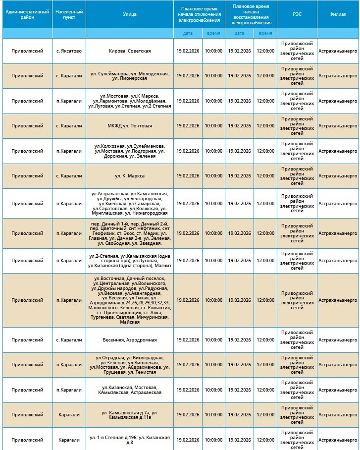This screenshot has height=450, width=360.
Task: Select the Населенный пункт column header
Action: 69,14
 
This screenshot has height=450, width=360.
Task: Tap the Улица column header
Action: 130,14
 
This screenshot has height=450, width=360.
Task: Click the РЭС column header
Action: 297,14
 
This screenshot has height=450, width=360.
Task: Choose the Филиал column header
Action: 338,14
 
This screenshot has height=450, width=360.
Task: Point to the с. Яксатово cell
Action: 69,51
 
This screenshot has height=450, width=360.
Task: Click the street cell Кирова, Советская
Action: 130,51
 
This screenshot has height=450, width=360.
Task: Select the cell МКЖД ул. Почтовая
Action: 130,126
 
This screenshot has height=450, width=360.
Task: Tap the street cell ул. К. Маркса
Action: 130,176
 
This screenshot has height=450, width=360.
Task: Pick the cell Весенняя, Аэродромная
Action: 130,340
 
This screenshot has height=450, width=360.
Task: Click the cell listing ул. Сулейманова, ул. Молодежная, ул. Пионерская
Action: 130,76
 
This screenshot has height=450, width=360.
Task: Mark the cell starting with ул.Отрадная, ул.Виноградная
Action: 130,365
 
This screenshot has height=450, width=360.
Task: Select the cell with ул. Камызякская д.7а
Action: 130,415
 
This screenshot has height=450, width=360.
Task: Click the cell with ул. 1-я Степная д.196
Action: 130,440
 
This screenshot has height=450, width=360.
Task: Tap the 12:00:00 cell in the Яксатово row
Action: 265,51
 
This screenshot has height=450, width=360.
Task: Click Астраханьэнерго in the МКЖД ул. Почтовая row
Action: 338,126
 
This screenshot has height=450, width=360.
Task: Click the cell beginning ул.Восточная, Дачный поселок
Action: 130,300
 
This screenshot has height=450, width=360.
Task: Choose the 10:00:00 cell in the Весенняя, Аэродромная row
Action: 213,340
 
